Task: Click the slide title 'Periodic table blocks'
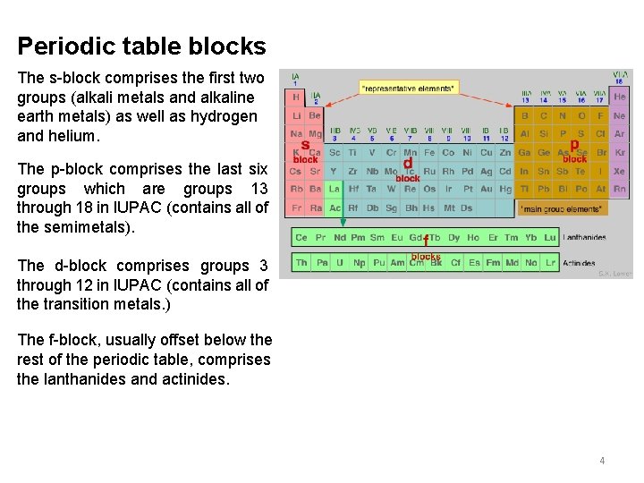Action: coord(141,47)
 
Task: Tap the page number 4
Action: coord(602,461)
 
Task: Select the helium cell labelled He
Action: coord(620,97)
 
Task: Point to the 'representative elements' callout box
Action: coord(408,88)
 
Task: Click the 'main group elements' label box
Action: coord(561,208)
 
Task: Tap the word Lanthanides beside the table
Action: coord(585,238)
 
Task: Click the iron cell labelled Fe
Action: coord(429,153)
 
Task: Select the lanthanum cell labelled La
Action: coord(334,190)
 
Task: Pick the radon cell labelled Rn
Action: coord(620,190)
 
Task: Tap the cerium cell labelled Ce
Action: coord(301,238)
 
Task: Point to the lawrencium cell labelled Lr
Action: coord(551,263)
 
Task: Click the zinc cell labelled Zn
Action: coord(505,153)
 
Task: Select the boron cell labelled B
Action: coord(524,115)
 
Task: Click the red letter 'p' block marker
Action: coord(574,143)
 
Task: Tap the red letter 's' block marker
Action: coord(305,144)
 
